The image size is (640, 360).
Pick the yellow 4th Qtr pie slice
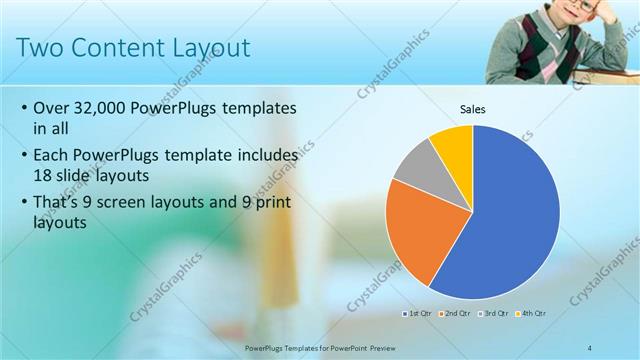point(456,145)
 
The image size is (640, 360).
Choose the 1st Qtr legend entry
point(416,313)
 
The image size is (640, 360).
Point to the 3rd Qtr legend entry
point(495,313)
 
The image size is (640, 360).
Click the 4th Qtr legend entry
point(532,313)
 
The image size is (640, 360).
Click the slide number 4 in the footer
point(590,346)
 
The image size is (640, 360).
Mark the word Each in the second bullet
point(52,155)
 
